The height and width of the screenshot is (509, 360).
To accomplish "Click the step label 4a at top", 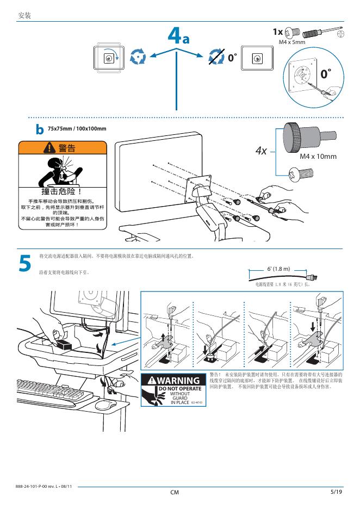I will tap(178, 38).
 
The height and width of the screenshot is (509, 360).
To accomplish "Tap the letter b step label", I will tap(40, 130).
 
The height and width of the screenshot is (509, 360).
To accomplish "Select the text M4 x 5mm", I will tap(292, 42).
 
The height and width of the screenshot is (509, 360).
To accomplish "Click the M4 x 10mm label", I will tap(318, 157).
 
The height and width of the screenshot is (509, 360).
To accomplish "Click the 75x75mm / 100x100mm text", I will tap(77, 128).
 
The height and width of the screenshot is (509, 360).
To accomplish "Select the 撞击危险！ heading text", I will tap(61, 192).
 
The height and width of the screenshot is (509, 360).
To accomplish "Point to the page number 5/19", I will tap(336, 492).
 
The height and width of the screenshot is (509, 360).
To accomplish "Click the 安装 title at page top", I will tap(25, 16).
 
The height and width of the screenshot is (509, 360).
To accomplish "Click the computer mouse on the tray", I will tap(106, 405).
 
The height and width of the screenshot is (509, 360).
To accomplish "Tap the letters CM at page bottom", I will tap(175, 493).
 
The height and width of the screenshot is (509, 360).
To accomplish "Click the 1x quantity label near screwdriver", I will tap(277, 32).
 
